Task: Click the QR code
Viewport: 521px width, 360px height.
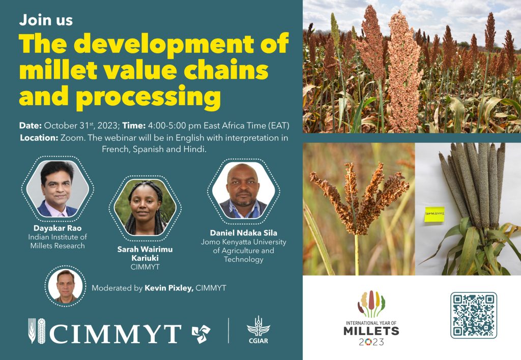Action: pos(473,315)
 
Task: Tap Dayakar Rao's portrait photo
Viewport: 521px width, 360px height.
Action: pos(57,189)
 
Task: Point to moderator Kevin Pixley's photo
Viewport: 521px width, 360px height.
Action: pos(65,286)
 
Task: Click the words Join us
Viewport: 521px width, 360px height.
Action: pos(46,21)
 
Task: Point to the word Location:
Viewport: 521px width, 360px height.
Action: pos(39,138)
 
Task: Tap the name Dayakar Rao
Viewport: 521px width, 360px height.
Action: pos(57,228)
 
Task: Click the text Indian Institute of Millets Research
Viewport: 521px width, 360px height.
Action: pos(57,242)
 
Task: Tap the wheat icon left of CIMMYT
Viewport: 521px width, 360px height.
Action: pos(37,331)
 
